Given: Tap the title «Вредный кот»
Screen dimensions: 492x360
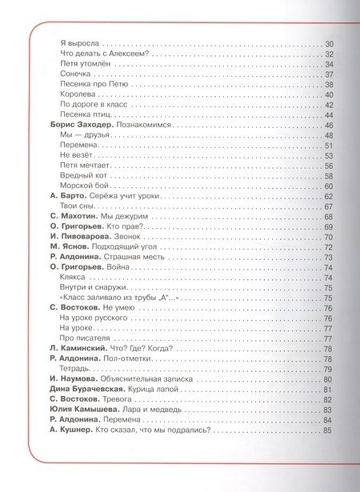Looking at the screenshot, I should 85,175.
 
